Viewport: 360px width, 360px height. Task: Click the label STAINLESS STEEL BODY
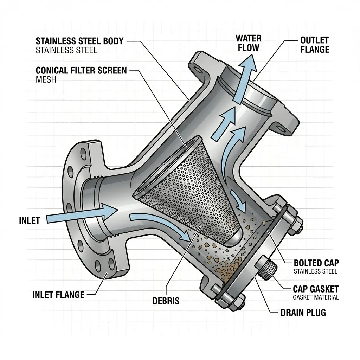(79, 41)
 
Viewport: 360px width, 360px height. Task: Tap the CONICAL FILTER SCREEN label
(81, 70)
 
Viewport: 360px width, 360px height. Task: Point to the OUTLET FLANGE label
(315, 45)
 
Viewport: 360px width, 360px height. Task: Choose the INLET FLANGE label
(58, 294)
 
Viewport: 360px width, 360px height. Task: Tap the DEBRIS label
(166, 301)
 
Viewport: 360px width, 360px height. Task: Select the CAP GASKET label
(316, 289)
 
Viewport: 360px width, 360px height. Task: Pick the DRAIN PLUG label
(303, 312)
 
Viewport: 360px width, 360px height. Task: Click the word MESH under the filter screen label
(46, 79)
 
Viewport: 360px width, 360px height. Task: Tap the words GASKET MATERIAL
(316, 297)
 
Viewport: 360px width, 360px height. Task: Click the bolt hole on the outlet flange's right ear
(280, 127)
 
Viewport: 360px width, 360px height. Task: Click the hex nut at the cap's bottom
(233, 301)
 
